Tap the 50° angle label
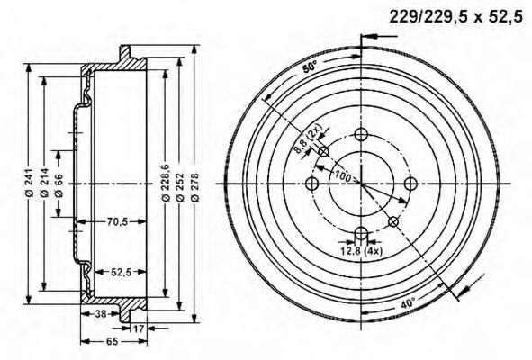[x=311, y=67]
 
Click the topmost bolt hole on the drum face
[x=361, y=134]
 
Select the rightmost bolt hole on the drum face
[x=410, y=183]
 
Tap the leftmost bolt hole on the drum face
[x=312, y=183]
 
